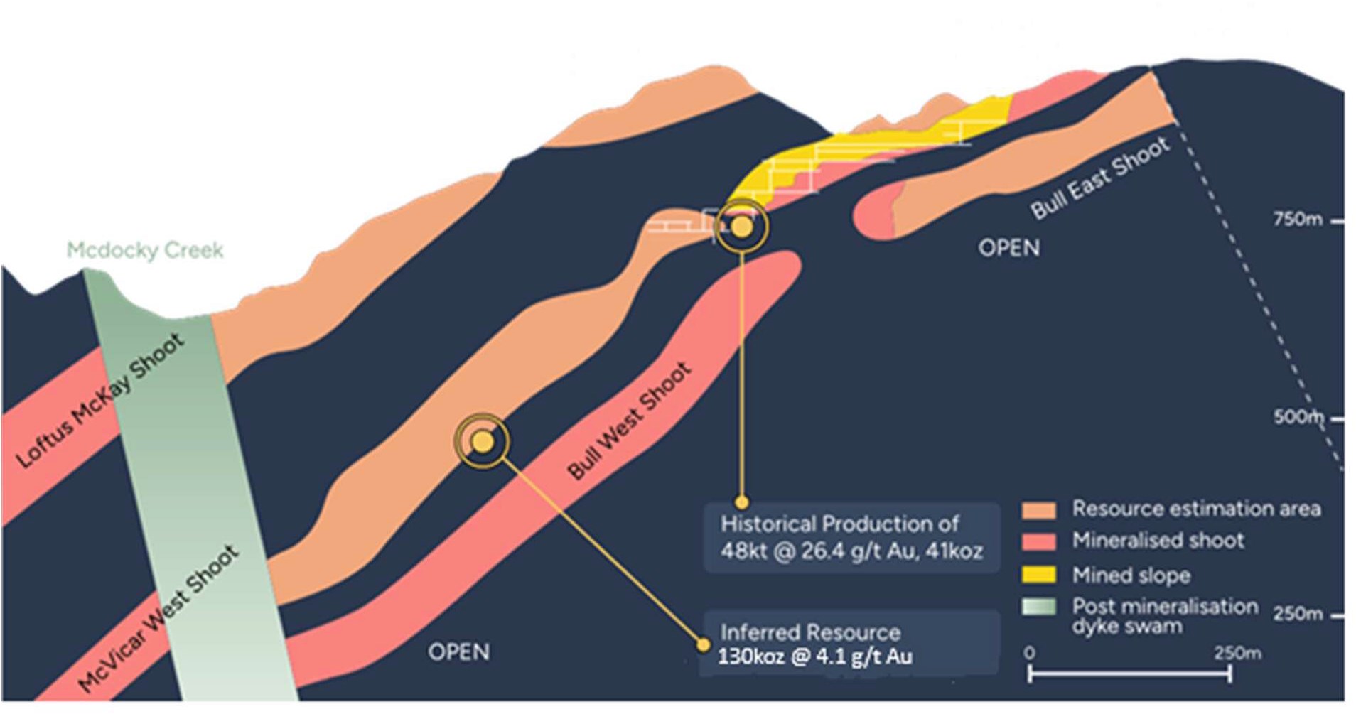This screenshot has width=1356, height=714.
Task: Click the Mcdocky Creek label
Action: tap(145, 250)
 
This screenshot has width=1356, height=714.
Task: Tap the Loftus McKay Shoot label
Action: tap(100, 401)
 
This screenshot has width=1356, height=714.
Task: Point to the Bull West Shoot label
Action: tap(629, 420)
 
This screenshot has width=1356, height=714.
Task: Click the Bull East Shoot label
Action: tap(1100, 177)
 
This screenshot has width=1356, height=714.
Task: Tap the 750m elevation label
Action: tap(1298, 220)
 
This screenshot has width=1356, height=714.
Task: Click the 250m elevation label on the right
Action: tap(1298, 613)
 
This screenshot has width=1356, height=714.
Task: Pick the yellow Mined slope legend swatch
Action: tap(1038, 574)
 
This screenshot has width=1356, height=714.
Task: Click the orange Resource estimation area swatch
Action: tap(1038, 510)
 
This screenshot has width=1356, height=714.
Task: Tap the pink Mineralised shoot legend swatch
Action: tap(1038, 541)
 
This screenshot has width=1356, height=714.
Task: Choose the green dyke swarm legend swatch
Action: tap(1038, 606)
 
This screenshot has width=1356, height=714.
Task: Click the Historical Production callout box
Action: tap(851, 537)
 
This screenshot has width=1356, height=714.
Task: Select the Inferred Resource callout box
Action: tap(851, 643)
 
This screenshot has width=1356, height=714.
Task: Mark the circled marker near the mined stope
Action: tap(741, 227)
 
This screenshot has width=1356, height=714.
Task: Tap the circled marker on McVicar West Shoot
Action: tap(483, 442)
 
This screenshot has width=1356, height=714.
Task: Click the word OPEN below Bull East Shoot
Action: tap(1008, 248)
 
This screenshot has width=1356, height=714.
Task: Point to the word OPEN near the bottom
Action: tap(458, 652)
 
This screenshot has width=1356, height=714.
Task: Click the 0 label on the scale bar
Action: tap(1030, 652)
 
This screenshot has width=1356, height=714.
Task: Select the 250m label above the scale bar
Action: tap(1237, 652)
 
